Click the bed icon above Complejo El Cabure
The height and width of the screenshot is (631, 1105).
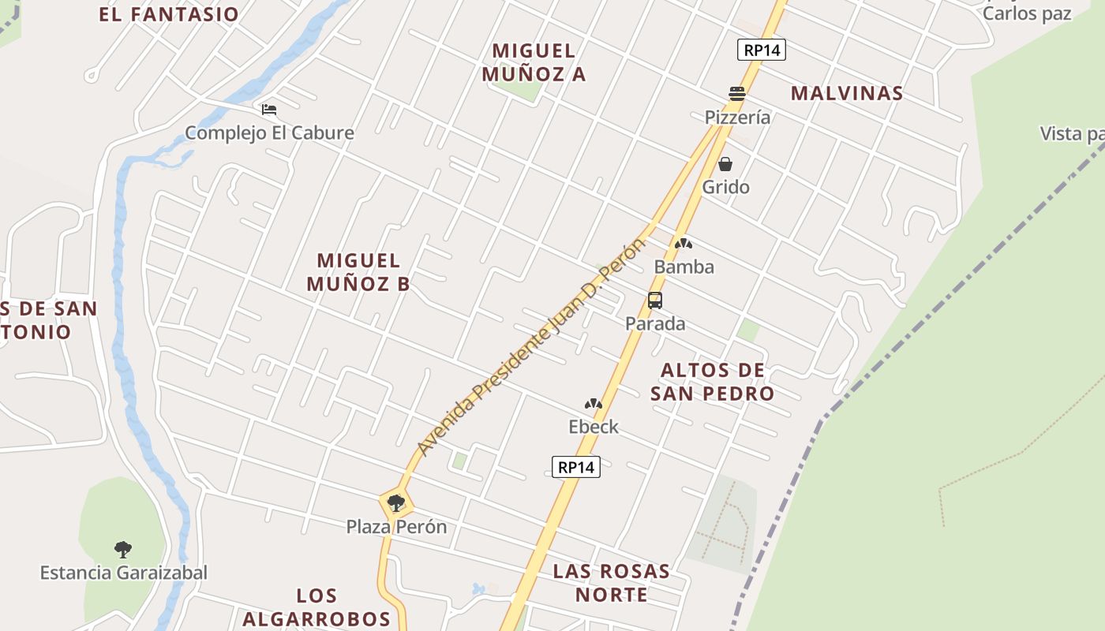(x=269, y=110)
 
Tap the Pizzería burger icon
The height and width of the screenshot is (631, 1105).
(x=737, y=94)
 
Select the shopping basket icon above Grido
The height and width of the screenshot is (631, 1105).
(x=725, y=164)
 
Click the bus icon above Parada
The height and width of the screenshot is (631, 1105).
(x=655, y=301)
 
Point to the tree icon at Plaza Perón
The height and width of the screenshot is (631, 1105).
(x=396, y=502)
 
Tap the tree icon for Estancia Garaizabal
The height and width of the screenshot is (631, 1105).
(x=122, y=549)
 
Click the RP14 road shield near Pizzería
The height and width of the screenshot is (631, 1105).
(x=762, y=50)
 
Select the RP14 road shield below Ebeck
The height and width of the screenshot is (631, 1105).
(x=576, y=467)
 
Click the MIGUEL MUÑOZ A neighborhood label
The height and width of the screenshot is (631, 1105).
(x=534, y=62)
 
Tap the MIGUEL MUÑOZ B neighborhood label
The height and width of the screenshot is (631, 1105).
(x=358, y=272)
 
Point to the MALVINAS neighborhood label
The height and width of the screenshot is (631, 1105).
(x=847, y=93)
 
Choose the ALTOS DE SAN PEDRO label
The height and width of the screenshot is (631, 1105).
(x=713, y=382)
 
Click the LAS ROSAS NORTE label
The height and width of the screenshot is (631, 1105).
(x=612, y=582)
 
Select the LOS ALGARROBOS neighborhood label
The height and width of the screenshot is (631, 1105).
(x=317, y=607)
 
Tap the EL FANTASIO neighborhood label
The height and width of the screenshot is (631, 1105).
(x=169, y=14)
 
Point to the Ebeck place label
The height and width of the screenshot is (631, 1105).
(x=594, y=427)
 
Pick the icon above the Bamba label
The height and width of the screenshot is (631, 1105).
(x=684, y=245)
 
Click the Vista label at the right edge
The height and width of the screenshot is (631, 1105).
(x=1072, y=134)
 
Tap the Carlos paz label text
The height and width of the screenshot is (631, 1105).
(x=1027, y=13)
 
